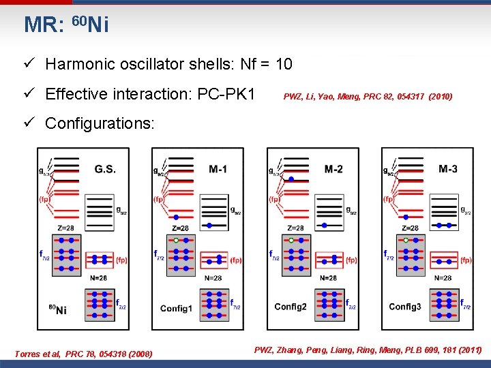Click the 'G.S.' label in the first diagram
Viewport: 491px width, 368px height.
coord(104,168)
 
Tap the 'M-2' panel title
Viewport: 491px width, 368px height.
coord(334,168)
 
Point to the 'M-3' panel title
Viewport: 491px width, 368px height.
coord(448,168)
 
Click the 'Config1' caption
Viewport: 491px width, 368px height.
coord(176,308)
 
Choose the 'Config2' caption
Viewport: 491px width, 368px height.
coord(291,307)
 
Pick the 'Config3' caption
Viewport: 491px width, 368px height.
coord(405,307)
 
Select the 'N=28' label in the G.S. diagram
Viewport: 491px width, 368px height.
coord(98,277)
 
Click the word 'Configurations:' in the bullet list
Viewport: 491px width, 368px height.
coord(100,123)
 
